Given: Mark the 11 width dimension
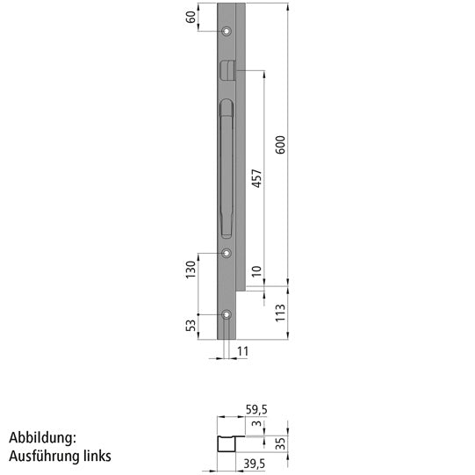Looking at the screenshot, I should point(243,351).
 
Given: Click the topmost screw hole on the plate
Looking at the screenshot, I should point(227,32).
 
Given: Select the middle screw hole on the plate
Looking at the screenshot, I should point(227,254).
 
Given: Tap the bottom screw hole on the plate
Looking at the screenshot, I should point(227,314).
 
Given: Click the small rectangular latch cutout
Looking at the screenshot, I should point(227,69).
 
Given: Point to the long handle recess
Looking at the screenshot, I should point(225,167).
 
